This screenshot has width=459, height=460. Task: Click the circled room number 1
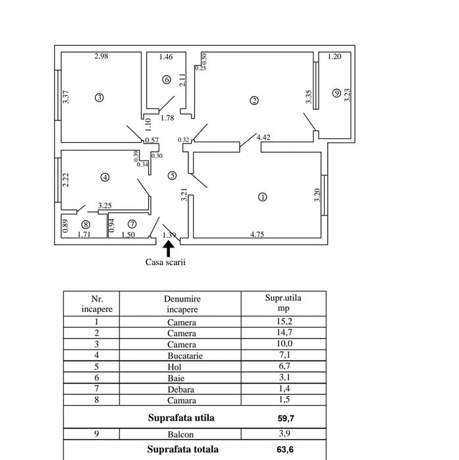tap(263, 197)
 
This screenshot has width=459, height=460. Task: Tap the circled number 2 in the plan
tap(254, 101)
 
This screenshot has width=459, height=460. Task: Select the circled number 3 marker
tap(99, 98)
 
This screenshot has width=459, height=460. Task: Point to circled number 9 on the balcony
tap(337, 93)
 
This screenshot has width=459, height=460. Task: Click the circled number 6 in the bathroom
tap(166, 80)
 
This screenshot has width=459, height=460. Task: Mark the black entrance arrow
tap(169, 249)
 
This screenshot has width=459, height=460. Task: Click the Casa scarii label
tap(166, 261)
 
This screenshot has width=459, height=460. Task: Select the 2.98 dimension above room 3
tap(101, 57)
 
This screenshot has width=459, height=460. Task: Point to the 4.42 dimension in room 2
tap(263, 138)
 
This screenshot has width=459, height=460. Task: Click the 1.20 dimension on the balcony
tap(335, 57)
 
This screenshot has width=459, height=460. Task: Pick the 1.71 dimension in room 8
tap(84, 234)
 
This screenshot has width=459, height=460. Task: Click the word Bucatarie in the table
tap(181, 356)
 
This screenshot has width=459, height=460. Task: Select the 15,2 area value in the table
tap(283, 322)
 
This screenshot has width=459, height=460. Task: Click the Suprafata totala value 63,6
tap(283, 450)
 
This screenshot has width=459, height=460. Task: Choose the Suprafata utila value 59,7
tap(283, 418)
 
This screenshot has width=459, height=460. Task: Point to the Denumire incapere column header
tap(181, 303)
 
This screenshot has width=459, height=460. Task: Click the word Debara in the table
tap(181, 389)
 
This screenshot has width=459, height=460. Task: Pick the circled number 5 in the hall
tap(172, 175)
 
